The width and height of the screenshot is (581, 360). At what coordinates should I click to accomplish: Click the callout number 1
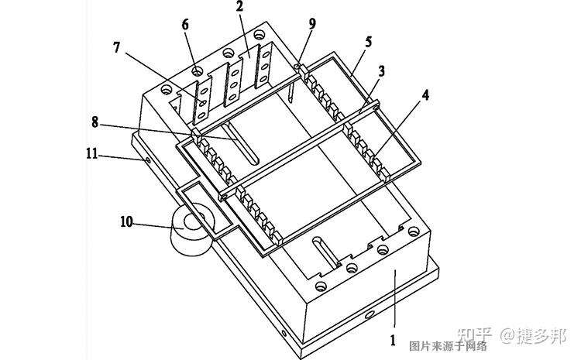pyautogui.click(x=394, y=341)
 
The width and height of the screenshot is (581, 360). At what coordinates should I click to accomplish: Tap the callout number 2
pyautogui.click(x=239, y=6)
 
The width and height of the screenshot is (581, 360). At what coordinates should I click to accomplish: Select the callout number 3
pyautogui.click(x=381, y=71)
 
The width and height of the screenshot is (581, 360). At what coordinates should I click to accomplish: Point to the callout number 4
pyautogui.click(x=425, y=95)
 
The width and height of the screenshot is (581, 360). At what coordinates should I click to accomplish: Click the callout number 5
pyautogui.click(x=368, y=42)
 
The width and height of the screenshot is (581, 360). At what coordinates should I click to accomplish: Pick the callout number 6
pyautogui.click(x=185, y=25)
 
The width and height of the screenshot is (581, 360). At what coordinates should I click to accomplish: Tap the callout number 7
pyautogui.click(x=117, y=47)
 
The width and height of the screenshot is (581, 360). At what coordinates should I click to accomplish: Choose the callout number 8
pyautogui.click(x=95, y=122)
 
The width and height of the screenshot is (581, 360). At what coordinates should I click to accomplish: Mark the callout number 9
pyautogui.click(x=312, y=24)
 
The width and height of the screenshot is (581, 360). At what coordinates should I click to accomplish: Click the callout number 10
pyautogui.click(x=126, y=221)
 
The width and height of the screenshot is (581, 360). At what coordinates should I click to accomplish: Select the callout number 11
pyautogui.click(x=92, y=153)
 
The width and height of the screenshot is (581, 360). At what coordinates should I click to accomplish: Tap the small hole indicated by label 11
pyautogui.click(x=148, y=160)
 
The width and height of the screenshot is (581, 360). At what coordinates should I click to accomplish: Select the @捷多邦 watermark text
pyautogui.click(x=534, y=335)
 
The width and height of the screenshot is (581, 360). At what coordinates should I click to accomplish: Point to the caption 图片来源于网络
pyautogui.click(x=448, y=346)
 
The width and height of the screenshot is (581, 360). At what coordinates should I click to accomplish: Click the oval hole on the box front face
pyautogui.click(x=369, y=315)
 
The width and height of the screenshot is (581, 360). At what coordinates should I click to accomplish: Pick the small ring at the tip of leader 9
pyautogui.click(x=297, y=66)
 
